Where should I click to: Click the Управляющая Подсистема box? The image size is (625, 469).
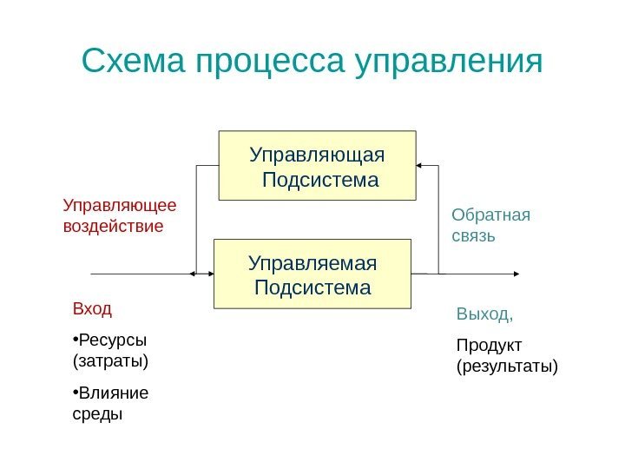point(317,166)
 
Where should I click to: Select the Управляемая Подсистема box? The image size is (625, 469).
point(312,274)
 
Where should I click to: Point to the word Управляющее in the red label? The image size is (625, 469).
point(120,206)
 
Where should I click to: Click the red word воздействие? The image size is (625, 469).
point(114,226)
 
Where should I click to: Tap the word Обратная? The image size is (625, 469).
point(490,215)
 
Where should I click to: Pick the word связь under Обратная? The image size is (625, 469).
point(473,235)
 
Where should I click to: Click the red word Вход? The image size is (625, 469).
point(92,308)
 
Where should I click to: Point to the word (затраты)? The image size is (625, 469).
point(110,359)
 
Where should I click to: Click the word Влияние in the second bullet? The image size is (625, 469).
point(114,393)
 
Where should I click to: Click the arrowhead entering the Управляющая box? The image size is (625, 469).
point(419,165)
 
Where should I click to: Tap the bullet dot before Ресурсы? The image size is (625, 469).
point(76,339)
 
